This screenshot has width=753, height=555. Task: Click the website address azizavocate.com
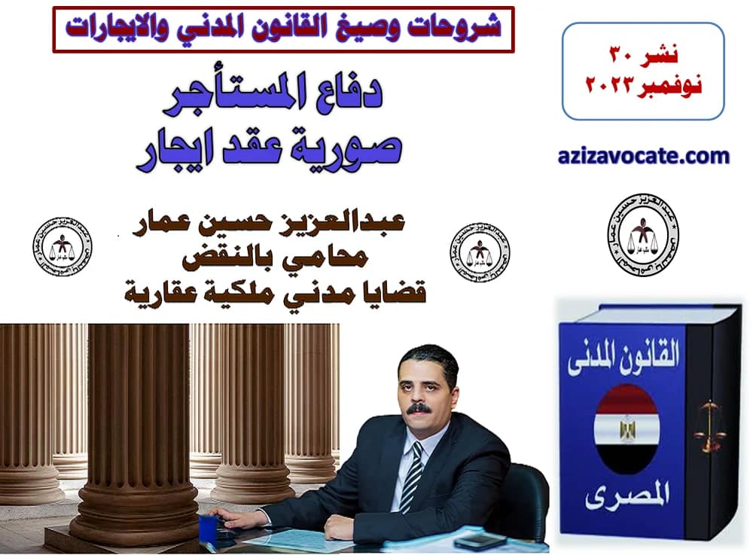pos(645,157)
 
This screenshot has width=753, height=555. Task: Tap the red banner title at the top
pos(283,28)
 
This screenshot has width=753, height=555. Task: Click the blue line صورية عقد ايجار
pos(269,148)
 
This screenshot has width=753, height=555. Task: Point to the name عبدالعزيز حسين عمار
pos(273,224)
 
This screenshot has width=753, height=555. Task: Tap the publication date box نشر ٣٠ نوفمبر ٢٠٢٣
pos(642,72)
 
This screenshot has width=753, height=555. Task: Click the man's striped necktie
pos(412,474)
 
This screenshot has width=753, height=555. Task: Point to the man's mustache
pos(419,408)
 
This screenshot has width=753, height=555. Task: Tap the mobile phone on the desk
pos(478,541)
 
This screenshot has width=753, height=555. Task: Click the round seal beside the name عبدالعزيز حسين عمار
pos(480,252)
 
